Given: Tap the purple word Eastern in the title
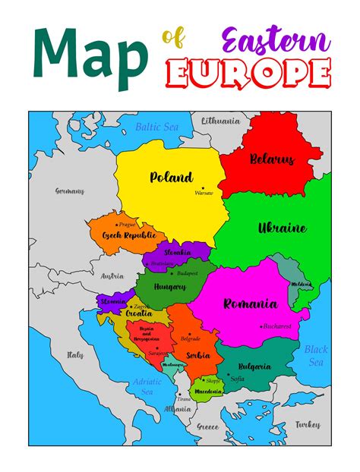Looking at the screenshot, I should coord(276,39).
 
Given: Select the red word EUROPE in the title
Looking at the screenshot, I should coord(249,74).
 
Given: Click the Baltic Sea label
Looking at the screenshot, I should coord(157,127).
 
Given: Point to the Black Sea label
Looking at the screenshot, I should coord(316,356).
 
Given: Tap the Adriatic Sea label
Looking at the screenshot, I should coord(147,387).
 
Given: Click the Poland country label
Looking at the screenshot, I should coord(171,178).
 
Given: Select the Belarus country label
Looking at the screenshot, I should coord(272,160).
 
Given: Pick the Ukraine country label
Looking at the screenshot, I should coord(282,228).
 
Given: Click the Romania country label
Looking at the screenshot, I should coord(250,304).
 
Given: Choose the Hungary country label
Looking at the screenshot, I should coord(170,287).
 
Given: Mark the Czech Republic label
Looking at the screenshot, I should coord(128,235).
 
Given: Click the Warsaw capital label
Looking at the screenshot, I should coord(204,193).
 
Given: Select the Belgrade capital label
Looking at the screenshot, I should coord(190,338).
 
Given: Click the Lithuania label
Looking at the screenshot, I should coord(220,120).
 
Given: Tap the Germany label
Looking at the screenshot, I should coord(70,191).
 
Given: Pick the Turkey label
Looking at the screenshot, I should coord(308,424).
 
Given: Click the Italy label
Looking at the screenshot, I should coord(75,354).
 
